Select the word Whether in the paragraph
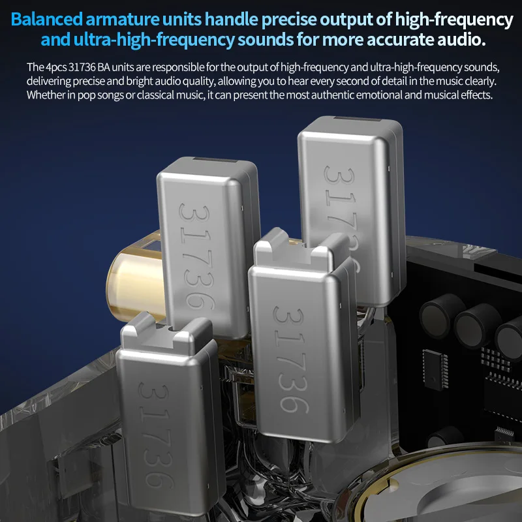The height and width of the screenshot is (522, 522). click(x=44, y=95)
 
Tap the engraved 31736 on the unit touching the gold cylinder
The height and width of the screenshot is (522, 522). click(x=196, y=254)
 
